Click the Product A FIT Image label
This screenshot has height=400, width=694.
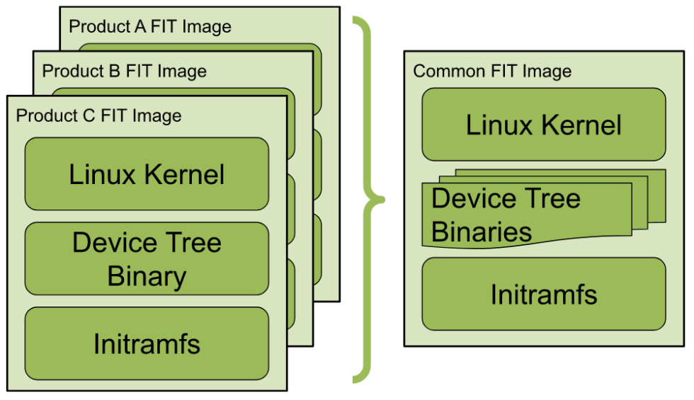pos(149,28)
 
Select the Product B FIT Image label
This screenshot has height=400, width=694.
pos(124,72)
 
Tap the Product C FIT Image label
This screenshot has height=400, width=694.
pos(98,115)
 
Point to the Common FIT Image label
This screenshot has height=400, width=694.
pos(491,72)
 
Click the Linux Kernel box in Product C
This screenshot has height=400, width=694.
pos(147,174)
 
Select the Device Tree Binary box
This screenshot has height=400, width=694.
pos(147,259)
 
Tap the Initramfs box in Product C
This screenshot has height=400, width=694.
pos(147,343)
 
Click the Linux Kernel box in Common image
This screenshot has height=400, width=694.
pos(543,125)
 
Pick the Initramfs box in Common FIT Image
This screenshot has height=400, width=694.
pos(543,294)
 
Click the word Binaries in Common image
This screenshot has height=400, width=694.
pos(482,232)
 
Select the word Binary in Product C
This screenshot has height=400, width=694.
pos(147,276)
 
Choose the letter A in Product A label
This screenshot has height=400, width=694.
pos(127,28)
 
